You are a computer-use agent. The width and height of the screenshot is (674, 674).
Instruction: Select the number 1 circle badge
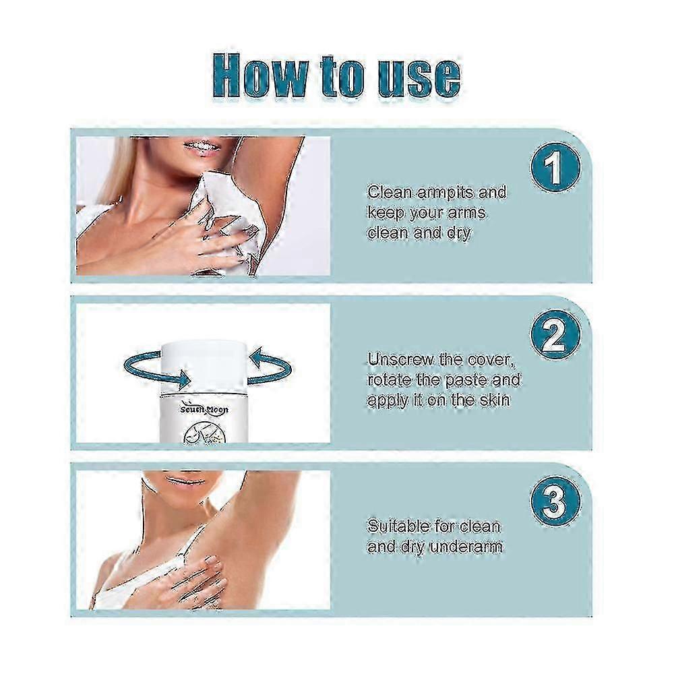click(555, 168)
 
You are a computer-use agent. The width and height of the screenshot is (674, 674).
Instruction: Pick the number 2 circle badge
click(555, 335)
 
